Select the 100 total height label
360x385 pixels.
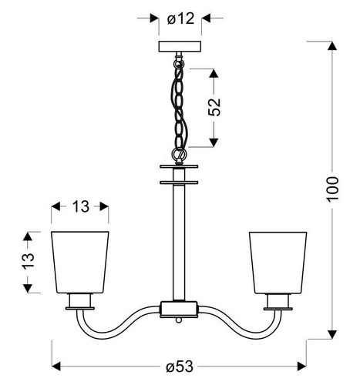(x=332, y=188)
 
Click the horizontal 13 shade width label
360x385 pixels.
(x=79, y=206)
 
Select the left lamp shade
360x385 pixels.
(x=80, y=260)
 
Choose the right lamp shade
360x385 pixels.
(x=278, y=260)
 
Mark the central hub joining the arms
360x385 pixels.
(x=179, y=308)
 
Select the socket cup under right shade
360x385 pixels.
(x=278, y=300)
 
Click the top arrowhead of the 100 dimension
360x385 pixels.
(x=332, y=45)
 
